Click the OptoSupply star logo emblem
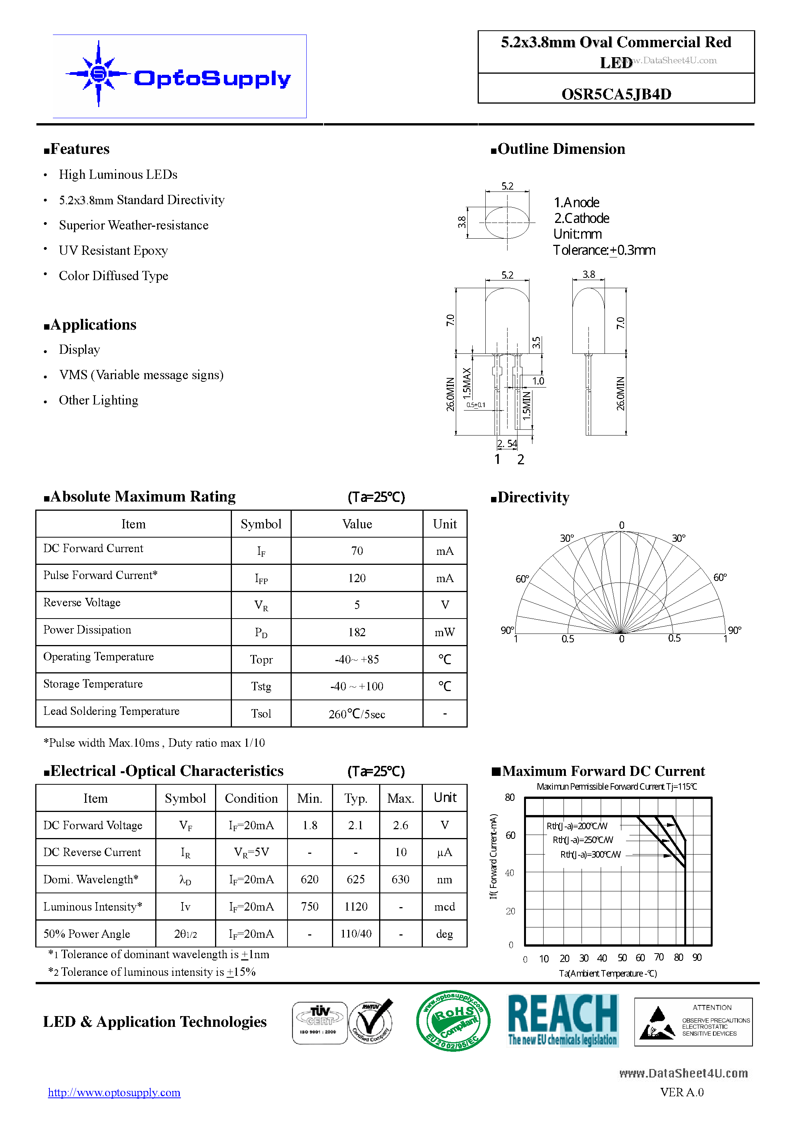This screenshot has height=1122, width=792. click(x=99, y=74)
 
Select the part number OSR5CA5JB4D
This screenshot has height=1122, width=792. click(x=616, y=94)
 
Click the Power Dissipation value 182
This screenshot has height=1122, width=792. click(x=357, y=632)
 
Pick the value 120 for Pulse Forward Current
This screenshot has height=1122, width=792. click(x=357, y=578)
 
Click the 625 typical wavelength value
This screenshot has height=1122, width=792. click(x=355, y=879)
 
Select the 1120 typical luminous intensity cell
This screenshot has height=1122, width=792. click(x=355, y=907)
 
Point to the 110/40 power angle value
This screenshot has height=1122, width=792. click(x=355, y=934)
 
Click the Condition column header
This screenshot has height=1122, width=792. click(x=251, y=799)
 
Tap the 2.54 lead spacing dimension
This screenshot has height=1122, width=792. click(x=507, y=444)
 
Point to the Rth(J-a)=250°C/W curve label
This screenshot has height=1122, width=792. click(x=583, y=840)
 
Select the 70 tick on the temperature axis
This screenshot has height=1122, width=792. click(x=659, y=957)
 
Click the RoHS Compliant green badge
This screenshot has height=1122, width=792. click(x=453, y=1021)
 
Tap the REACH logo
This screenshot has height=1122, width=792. click(x=563, y=1020)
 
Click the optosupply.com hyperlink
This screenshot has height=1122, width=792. click(x=114, y=1093)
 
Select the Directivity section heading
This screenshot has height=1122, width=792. click(x=533, y=497)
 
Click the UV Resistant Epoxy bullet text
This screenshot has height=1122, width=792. click(x=113, y=251)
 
